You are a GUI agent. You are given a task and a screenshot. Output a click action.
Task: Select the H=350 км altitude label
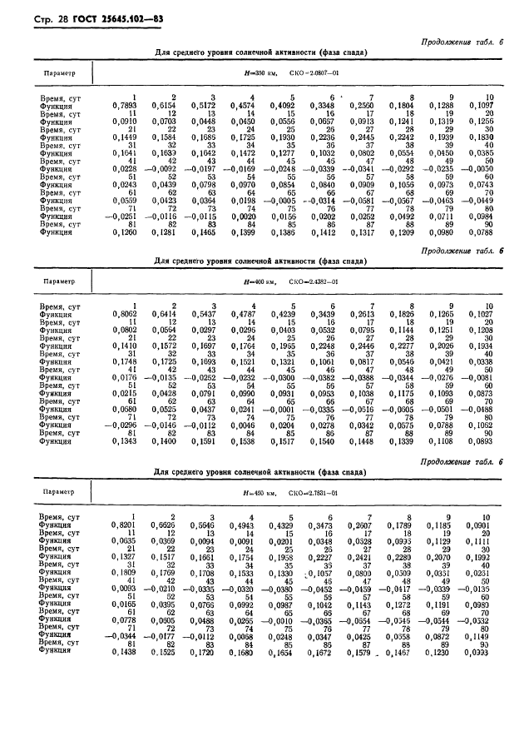click(x=265, y=73)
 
